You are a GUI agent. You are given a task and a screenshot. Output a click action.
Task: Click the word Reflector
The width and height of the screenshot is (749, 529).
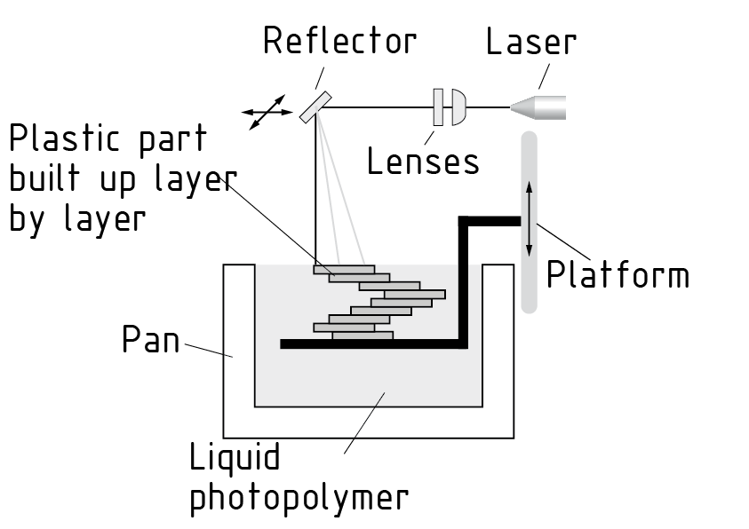tap(339, 41)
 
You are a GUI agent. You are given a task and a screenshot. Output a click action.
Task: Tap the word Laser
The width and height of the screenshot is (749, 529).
tap(531, 42)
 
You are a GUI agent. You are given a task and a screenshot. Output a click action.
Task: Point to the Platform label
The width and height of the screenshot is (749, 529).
tap(618, 275)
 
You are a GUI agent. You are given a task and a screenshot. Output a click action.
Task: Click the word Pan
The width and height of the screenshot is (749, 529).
tap(150, 340)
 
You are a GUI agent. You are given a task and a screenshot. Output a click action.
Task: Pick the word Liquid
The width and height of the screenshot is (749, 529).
tap(235, 458)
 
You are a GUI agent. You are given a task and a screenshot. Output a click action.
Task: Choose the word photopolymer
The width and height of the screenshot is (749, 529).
tap(299, 498)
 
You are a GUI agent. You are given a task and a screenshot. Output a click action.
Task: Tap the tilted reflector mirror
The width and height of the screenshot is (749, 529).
tap(315, 107)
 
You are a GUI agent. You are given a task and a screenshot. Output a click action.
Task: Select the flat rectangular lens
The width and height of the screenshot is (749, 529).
tap(438, 107)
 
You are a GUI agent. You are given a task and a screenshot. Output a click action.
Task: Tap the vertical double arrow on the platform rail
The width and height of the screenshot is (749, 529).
tap(530, 217)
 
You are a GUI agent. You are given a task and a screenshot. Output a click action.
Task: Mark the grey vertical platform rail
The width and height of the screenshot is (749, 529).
tap(530, 284)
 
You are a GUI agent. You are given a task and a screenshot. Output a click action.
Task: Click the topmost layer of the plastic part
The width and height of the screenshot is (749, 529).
tap(343, 269)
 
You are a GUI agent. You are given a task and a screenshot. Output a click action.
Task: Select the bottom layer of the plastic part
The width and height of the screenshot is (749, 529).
tap(363, 336)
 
